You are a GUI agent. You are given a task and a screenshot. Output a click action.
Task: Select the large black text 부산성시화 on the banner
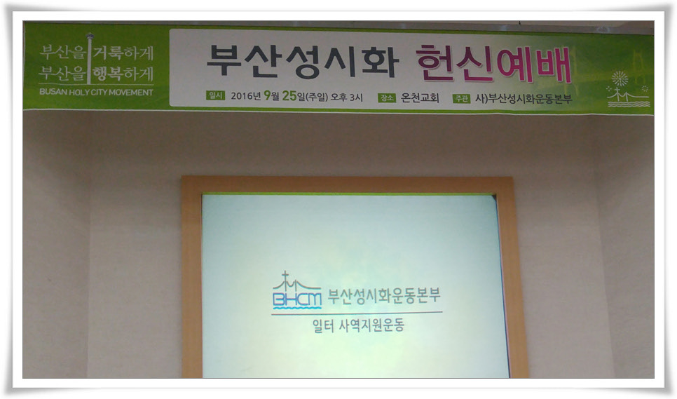pyautogui.click(x=301, y=61)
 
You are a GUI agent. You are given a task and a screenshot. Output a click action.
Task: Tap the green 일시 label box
pyautogui.click(x=215, y=97)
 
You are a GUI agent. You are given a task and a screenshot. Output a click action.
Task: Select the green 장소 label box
pyautogui.click(x=386, y=97)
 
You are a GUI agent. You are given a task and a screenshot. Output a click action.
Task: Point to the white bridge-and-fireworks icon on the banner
pyautogui.click(x=627, y=90)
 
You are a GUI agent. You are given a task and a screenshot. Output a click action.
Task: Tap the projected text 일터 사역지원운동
pyautogui.click(x=359, y=325)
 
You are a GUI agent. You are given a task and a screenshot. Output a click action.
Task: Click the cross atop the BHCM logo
pyautogui.click(x=285, y=277)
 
